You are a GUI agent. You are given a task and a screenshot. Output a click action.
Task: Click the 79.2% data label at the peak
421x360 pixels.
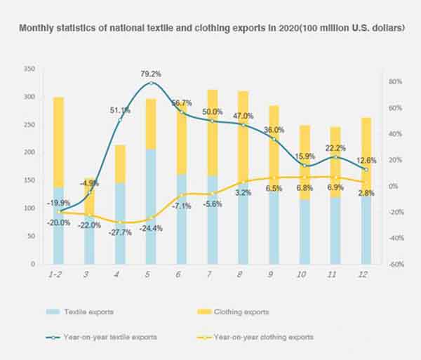(151, 74)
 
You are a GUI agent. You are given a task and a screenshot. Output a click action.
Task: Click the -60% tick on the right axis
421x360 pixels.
(395, 265)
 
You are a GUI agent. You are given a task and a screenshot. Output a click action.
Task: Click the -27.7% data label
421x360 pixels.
(119, 233)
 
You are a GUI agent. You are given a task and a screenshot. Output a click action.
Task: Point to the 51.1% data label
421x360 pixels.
(120, 110)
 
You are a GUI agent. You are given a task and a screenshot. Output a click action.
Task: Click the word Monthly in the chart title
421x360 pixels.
(39, 29)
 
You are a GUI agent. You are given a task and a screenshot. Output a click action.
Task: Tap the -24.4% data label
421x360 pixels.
(150, 228)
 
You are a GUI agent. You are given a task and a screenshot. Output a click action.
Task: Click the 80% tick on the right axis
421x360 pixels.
(394, 82)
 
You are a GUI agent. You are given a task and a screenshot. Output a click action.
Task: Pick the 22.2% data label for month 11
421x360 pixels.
(335, 147)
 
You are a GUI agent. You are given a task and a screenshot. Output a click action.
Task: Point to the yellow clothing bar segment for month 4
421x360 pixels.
(120, 164)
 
